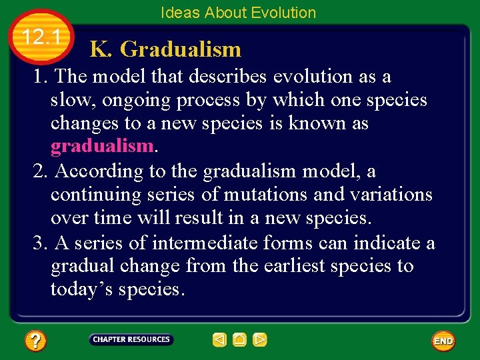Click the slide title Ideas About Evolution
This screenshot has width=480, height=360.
[x=238, y=13]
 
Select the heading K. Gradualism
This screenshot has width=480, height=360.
[x=165, y=49]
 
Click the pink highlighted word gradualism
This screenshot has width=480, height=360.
[x=101, y=147]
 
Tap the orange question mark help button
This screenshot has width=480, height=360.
[x=35, y=341]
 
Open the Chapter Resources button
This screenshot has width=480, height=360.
[x=131, y=339]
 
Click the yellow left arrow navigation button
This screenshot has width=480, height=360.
[x=219, y=340]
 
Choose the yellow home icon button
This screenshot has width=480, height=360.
[x=239, y=340]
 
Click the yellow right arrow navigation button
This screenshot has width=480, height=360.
[x=260, y=340]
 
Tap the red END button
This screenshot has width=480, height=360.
[x=443, y=341]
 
